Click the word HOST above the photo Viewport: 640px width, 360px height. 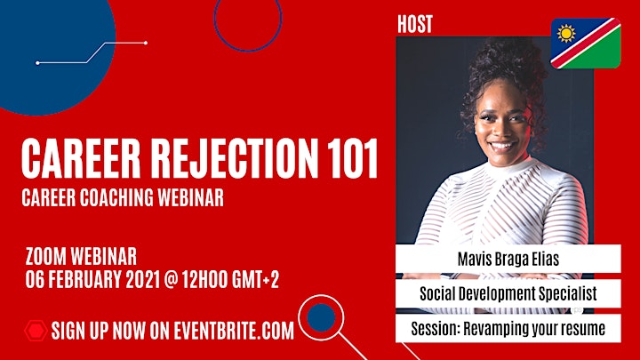tap(415, 24)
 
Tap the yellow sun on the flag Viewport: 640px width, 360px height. tap(566, 34)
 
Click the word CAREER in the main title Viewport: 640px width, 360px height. tap(81, 159)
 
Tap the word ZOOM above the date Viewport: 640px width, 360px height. tap(45, 257)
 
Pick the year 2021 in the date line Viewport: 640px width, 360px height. tap(142, 280)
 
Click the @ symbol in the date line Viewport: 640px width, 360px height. tap(171, 280)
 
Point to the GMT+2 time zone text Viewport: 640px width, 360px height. tap(255, 280)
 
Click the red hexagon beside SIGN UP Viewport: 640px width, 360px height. tap(36, 331)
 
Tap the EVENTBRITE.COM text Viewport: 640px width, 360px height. tap(234, 331)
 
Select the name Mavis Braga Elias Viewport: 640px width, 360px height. tap(508, 259)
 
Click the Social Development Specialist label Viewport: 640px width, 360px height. tap(508, 293)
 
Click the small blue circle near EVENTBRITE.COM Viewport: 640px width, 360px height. tap(321, 317)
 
